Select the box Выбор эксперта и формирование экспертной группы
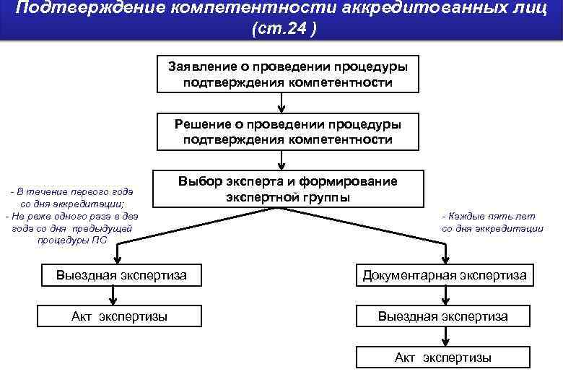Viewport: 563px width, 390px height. pyautogui.click(x=287, y=189)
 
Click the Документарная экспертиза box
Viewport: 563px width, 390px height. pyautogui.click(x=444, y=275)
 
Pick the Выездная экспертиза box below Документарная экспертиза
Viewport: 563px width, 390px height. pyautogui.click(x=444, y=316)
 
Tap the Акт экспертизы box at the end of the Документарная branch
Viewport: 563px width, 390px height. pyautogui.click(x=444, y=357)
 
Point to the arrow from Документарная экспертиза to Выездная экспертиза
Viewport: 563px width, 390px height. pyautogui.click(x=442, y=295)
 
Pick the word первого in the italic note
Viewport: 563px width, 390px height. pyautogui.click(x=86, y=191)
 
